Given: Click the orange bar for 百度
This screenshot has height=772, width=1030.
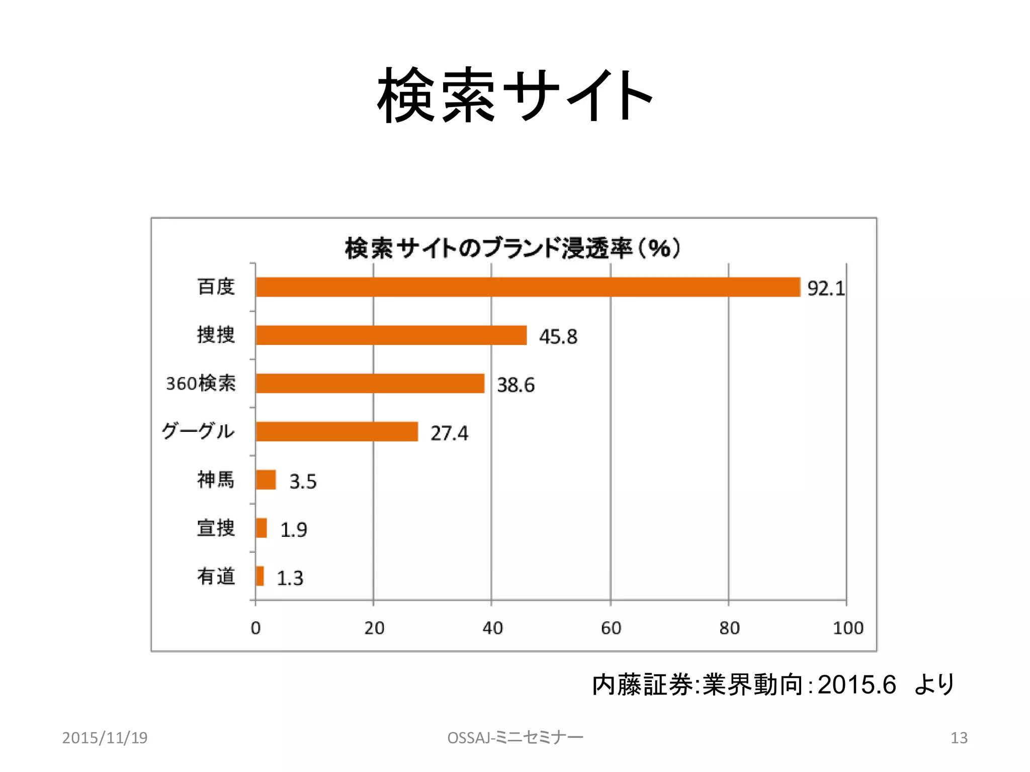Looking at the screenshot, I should pyautogui.click(x=528, y=287).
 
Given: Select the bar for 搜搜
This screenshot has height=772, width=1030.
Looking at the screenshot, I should pyautogui.click(x=391, y=335).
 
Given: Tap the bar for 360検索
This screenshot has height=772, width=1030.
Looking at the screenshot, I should pyautogui.click(x=370, y=383).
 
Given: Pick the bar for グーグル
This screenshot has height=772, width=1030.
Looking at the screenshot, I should pyautogui.click(x=336, y=432).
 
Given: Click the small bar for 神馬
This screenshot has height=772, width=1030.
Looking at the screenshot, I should pyautogui.click(x=266, y=480).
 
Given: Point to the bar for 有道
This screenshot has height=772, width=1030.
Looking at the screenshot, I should pyautogui.click(x=260, y=576).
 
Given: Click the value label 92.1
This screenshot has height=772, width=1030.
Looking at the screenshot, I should pyautogui.click(x=826, y=288).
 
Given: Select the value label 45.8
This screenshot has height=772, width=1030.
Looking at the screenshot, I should pyautogui.click(x=558, y=337).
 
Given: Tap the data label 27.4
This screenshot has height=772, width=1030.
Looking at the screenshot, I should pyautogui.click(x=449, y=433).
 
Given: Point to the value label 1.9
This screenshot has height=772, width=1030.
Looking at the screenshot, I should pyautogui.click(x=293, y=530).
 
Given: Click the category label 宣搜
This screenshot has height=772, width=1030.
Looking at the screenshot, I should pyautogui.click(x=216, y=528).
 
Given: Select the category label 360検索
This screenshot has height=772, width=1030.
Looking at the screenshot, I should pyautogui.click(x=201, y=383).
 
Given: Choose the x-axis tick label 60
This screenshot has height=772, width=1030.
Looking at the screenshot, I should pyautogui.click(x=611, y=628).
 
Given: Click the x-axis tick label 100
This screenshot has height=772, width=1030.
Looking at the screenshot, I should pyautogui.click(x=848, y=628).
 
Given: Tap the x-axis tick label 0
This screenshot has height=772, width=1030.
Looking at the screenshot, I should pyautogui.click(x=255, y=628).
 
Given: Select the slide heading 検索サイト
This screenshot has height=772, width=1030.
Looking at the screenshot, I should pyautogui.click(x=514, y=95).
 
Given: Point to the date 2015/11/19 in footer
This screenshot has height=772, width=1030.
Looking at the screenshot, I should pyautogui.click(x=105, y=738).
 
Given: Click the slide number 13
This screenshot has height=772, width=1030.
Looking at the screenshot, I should pyautogui.click(x=959, y=738).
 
